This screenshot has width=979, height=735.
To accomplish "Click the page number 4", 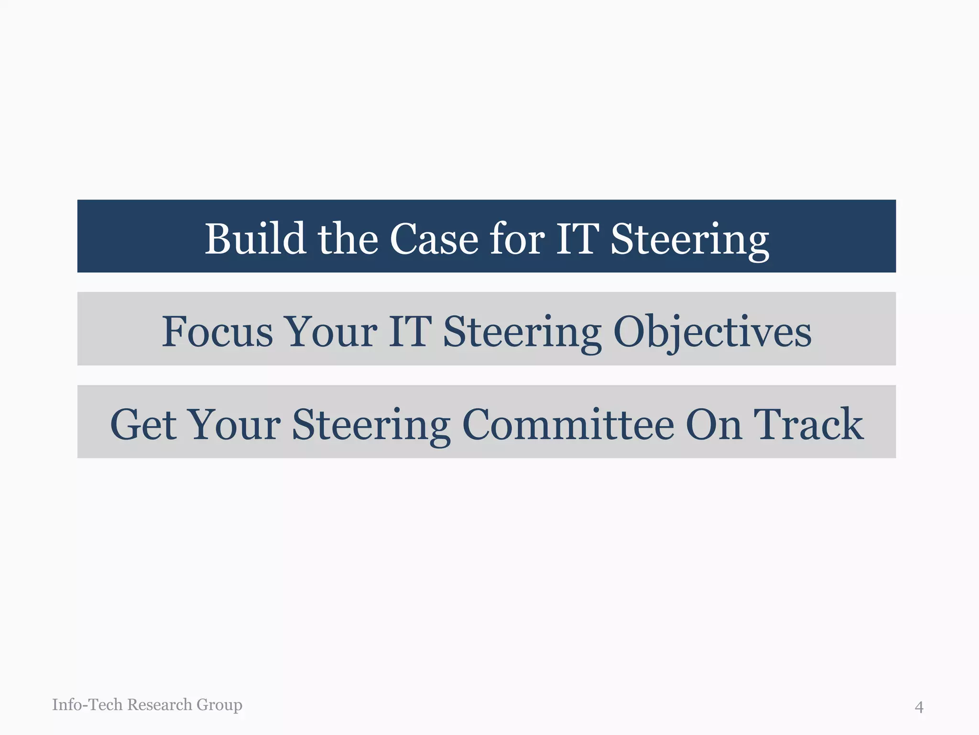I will (919, 707).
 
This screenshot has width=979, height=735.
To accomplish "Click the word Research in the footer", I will (160, 704).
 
